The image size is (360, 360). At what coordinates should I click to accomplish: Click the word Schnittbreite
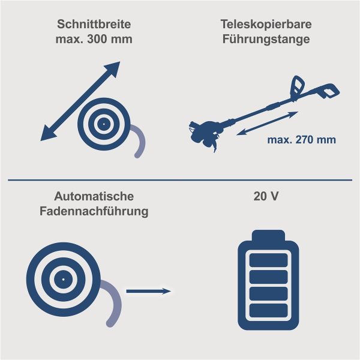[94, 25]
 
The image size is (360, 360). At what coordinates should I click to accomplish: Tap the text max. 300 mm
[94, 40]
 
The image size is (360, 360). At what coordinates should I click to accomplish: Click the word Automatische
[94, 197]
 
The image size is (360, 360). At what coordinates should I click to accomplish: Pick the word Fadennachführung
[94, 211]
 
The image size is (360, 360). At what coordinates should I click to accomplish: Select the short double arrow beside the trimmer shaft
[267, 123]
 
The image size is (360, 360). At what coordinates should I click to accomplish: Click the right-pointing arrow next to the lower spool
[148, 291]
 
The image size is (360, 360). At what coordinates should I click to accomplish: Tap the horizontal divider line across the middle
[180, 179]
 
